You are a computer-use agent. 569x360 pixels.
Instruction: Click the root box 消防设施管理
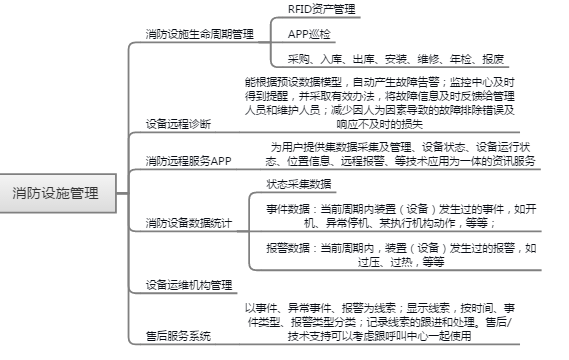click(58, 193)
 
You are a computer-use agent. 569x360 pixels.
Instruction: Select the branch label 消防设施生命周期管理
click(200, 34)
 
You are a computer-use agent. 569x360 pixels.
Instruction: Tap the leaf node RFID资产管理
click(322, 9)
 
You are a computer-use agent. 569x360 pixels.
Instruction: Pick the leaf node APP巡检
click(309, 34)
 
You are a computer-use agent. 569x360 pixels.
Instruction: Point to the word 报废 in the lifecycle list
click(493, 59)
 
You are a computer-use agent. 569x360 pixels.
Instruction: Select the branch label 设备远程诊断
click(178, 124)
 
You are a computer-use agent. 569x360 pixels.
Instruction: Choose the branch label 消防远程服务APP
click(188, 161)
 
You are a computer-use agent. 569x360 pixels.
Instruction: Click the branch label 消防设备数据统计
click(189, 223)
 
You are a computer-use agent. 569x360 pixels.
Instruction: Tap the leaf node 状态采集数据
click(299, 184)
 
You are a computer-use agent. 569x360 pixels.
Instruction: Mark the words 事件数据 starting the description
click(288, 209)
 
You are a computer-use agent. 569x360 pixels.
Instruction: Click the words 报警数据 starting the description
click(288, 248)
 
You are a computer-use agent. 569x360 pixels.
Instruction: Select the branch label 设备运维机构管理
click(189, 285)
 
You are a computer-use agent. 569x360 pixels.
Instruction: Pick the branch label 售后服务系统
click(178, 336)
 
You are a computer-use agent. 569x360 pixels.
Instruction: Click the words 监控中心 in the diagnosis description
click(471, 82)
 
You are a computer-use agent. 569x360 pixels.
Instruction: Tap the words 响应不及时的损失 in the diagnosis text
click(380, 124)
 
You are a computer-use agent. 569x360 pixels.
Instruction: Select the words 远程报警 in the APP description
click(362, 161)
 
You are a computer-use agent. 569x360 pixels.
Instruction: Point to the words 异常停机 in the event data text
click(347, 222)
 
